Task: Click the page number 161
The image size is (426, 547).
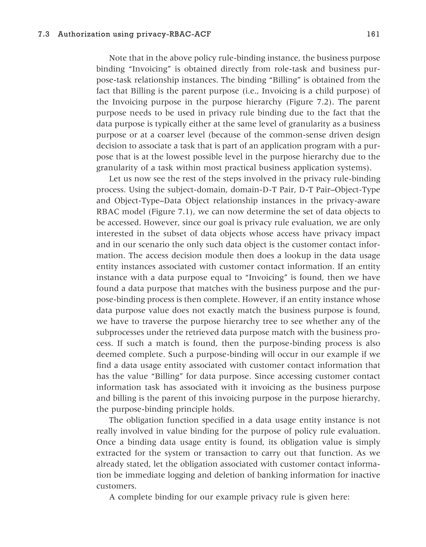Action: pos(373,34)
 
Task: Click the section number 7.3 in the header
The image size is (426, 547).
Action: pos(44,34)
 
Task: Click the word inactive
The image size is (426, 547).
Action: pos(364,475)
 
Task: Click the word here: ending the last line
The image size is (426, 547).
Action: pos(340,497)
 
